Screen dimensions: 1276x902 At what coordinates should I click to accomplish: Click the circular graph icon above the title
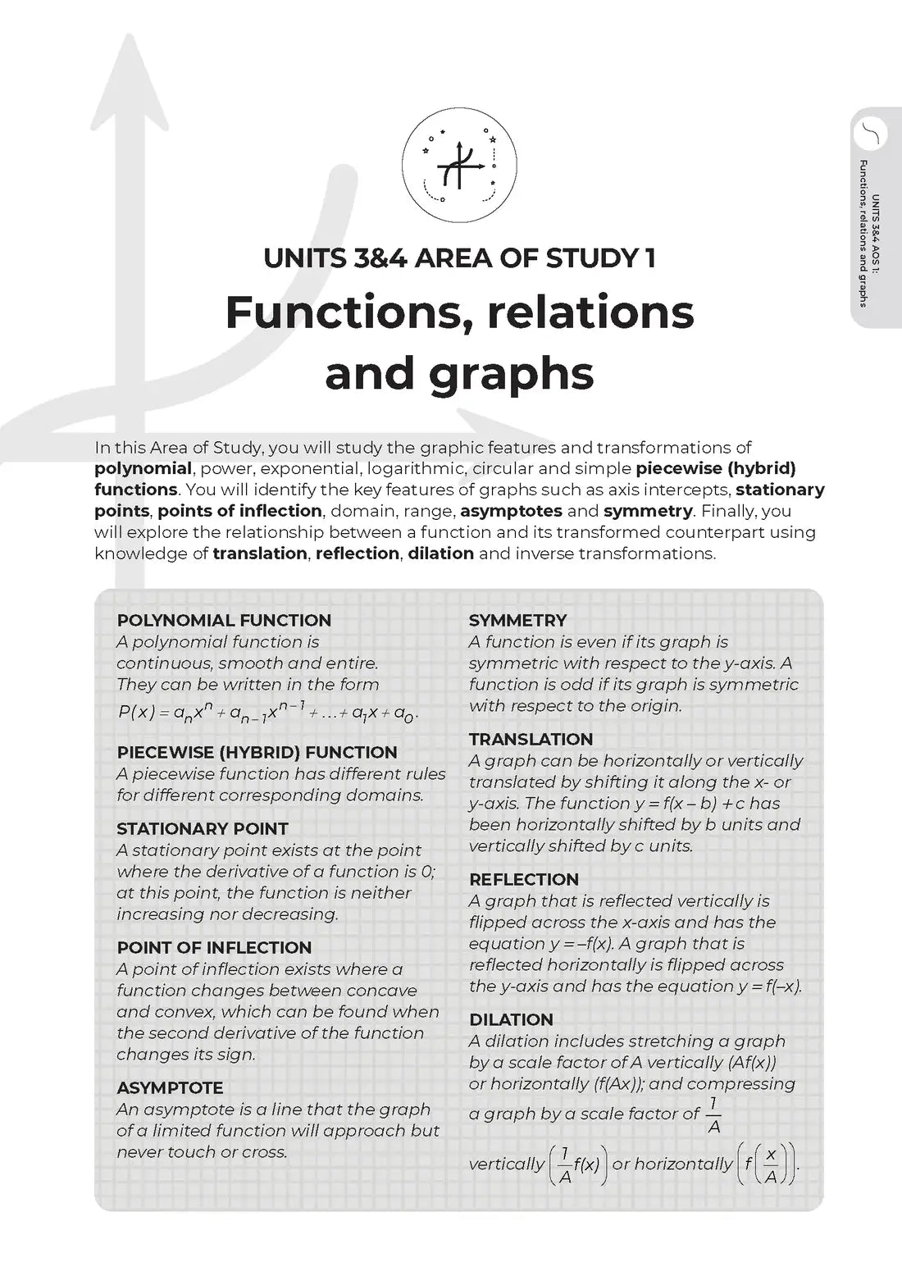(459, 165)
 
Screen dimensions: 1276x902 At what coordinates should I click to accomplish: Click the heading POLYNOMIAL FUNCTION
(224, 621)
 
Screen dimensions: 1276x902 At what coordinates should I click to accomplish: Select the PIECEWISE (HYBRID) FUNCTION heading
(257, 753)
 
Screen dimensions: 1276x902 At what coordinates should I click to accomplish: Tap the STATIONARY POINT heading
(203, 829)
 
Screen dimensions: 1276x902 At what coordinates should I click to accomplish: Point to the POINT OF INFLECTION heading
(214, 948)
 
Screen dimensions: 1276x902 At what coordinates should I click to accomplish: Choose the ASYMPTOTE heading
(170, 1088)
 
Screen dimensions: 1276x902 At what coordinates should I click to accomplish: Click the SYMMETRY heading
(517, 621)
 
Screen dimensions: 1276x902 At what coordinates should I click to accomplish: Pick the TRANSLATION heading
(531, 740)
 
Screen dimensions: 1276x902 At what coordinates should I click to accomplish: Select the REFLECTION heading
(524, 880)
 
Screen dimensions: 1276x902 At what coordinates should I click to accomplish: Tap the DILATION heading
(511, 1020)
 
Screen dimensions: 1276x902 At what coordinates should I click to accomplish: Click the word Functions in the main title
(348, 312)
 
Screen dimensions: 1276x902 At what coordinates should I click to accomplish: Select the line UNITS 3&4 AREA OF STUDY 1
(459, 258)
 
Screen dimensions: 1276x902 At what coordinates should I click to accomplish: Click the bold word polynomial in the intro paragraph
(143, 469)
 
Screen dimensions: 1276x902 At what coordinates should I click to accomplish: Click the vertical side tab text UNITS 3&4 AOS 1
(876, 234)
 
